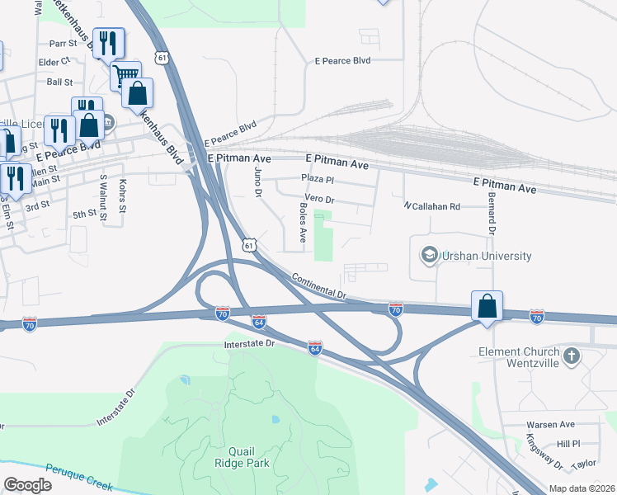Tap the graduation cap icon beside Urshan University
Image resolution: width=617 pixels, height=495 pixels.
429,255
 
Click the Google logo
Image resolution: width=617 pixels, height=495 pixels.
27,485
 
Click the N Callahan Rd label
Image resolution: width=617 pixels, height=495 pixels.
431,206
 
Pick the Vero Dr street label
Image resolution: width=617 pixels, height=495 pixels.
319,199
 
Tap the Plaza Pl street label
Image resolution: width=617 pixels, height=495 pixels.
318,178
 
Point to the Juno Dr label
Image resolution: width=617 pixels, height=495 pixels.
258,181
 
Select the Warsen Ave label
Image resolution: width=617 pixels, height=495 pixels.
550,424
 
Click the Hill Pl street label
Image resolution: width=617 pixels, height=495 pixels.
569,443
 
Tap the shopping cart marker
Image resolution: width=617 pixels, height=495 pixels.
125,76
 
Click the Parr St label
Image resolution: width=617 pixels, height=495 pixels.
61,43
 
